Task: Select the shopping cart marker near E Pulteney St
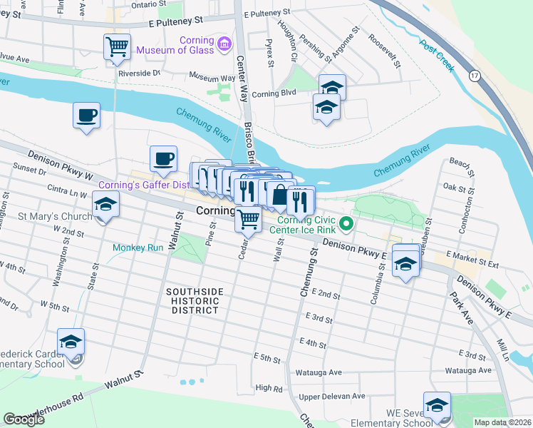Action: pyautogui.click(x=117, y=48)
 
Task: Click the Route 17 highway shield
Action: pyautogui.click(x=474, y=75)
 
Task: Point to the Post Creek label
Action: pyautogui.click(x=437, y=56)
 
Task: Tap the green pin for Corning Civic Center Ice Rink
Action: pyautogui.click(x=346, y=225)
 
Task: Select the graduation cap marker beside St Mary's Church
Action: pyautogui.click(x=105, y=205)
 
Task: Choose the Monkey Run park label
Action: pyautogui.click(x=138, y=248)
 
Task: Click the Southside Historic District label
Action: pyautogui.click(x=195, y=300)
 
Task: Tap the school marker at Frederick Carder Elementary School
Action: pyautogui.click(x=71, y=342)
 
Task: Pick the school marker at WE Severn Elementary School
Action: pyautogui.click(x=437, y=406)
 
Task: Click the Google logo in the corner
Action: pyautogui.click(x=24, y=419)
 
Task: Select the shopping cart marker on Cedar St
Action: pyautogui.click(x=249, y=219)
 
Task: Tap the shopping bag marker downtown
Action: pyautogui.click(x=280, y=195)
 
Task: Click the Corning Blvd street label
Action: pyautogui.click(x=274, y=93)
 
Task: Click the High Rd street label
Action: pyautogui.click(x=269, y=388)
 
